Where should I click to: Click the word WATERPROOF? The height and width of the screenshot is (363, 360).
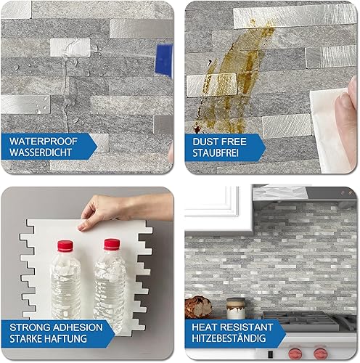(44, 141)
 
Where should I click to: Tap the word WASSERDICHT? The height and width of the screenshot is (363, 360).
(41, 152)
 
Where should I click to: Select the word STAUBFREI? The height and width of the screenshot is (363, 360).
(216, 153)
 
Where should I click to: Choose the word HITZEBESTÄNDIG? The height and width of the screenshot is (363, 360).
(229, 338)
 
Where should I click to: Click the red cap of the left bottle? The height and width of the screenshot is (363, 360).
(65, 246)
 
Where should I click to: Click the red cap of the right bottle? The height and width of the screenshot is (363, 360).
(112, 244)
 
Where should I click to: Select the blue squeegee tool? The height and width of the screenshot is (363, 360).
(164, 60)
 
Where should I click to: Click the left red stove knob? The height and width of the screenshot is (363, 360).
(295, 354)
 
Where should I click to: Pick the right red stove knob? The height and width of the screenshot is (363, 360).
(321, 354)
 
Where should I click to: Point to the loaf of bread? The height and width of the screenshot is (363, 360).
(198, 307)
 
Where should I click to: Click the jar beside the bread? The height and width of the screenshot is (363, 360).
(236, 309)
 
